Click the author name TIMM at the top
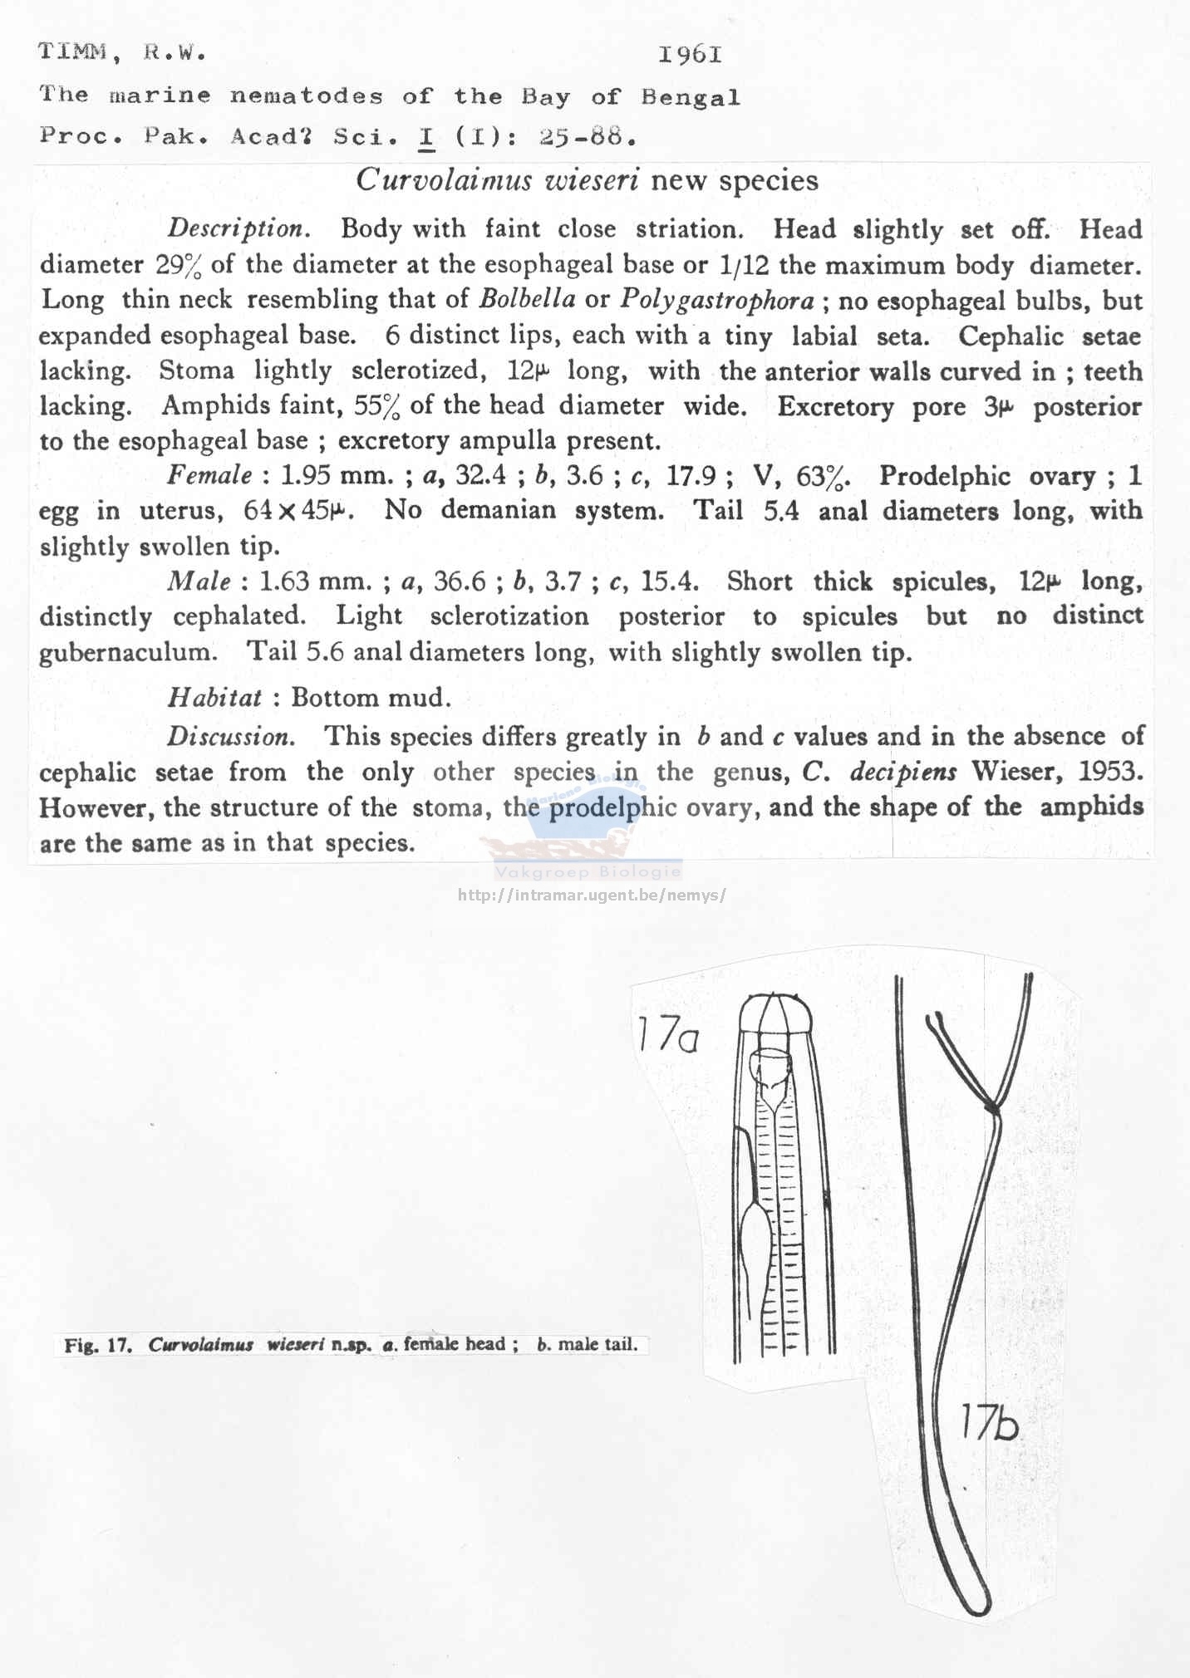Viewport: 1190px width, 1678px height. [x=72, y=52]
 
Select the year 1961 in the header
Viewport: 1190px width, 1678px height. [x=690, y=55]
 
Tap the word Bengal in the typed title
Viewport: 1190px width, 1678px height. [x=690, y=97]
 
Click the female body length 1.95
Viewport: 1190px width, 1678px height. [x=308, y=475]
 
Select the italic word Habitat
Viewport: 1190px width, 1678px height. [x=214, y=697]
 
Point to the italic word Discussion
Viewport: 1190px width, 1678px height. [x=230, y=736]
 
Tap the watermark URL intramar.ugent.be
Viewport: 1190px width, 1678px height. [x=592, y=895]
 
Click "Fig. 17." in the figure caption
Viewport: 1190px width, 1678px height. [x=98, y=1345]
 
